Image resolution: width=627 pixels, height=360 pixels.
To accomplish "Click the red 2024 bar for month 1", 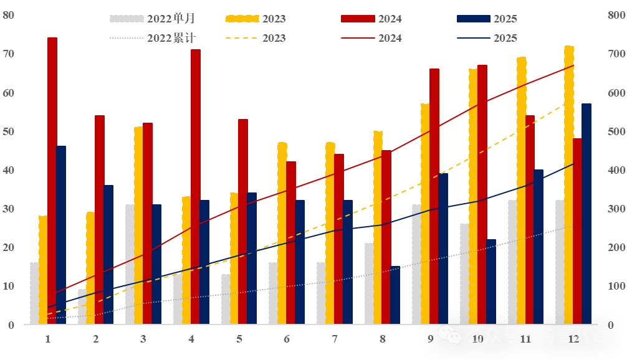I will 52,181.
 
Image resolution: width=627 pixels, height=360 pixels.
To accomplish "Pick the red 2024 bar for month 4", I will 196,187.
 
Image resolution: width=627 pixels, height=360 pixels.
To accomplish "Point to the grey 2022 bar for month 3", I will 130,264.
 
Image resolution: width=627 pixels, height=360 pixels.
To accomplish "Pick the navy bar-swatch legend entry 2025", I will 473,19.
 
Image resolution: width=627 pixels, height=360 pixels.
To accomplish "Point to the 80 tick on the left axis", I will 9,15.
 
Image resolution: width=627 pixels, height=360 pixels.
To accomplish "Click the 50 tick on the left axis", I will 9,131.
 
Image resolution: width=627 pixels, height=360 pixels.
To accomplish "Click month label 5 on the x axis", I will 239,339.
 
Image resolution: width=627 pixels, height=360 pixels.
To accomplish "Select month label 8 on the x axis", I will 383,339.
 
